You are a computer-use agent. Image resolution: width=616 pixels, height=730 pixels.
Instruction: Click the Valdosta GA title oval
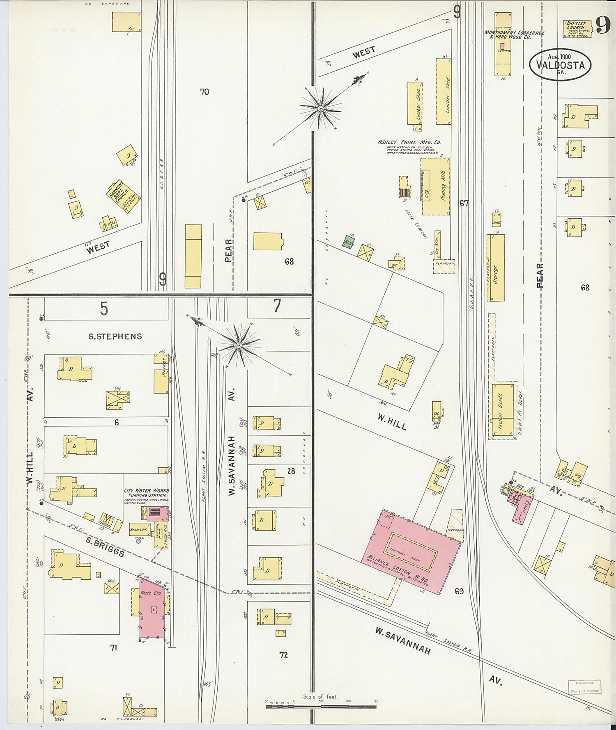[x=560, y=65]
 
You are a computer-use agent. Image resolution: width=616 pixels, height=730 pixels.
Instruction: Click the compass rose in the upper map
[x=320, y=108]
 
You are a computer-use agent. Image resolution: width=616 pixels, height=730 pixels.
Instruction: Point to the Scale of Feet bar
[x=321, y=707]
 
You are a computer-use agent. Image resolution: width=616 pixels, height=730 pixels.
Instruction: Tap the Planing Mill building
[x=435, y=186]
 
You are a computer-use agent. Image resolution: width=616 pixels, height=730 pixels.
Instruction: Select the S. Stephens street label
[x=115, y=336]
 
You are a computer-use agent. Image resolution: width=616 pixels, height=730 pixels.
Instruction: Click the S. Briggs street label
[x=105, y=546]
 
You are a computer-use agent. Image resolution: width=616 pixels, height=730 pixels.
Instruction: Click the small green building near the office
[x=349, y=241]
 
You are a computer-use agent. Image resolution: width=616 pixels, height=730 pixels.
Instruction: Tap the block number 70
[x=205, y=92]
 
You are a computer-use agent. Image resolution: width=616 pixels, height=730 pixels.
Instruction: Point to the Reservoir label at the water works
[x=138, y=529]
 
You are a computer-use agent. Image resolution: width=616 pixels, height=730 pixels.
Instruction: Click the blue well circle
[x=138, y=541]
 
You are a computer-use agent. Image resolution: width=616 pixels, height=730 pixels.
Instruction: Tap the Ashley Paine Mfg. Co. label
[x=409, y=142]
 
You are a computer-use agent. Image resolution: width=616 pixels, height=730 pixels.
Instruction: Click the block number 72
[x=283, y=655]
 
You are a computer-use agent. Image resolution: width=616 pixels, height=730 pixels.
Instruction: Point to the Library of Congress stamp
[x=584, y=687]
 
